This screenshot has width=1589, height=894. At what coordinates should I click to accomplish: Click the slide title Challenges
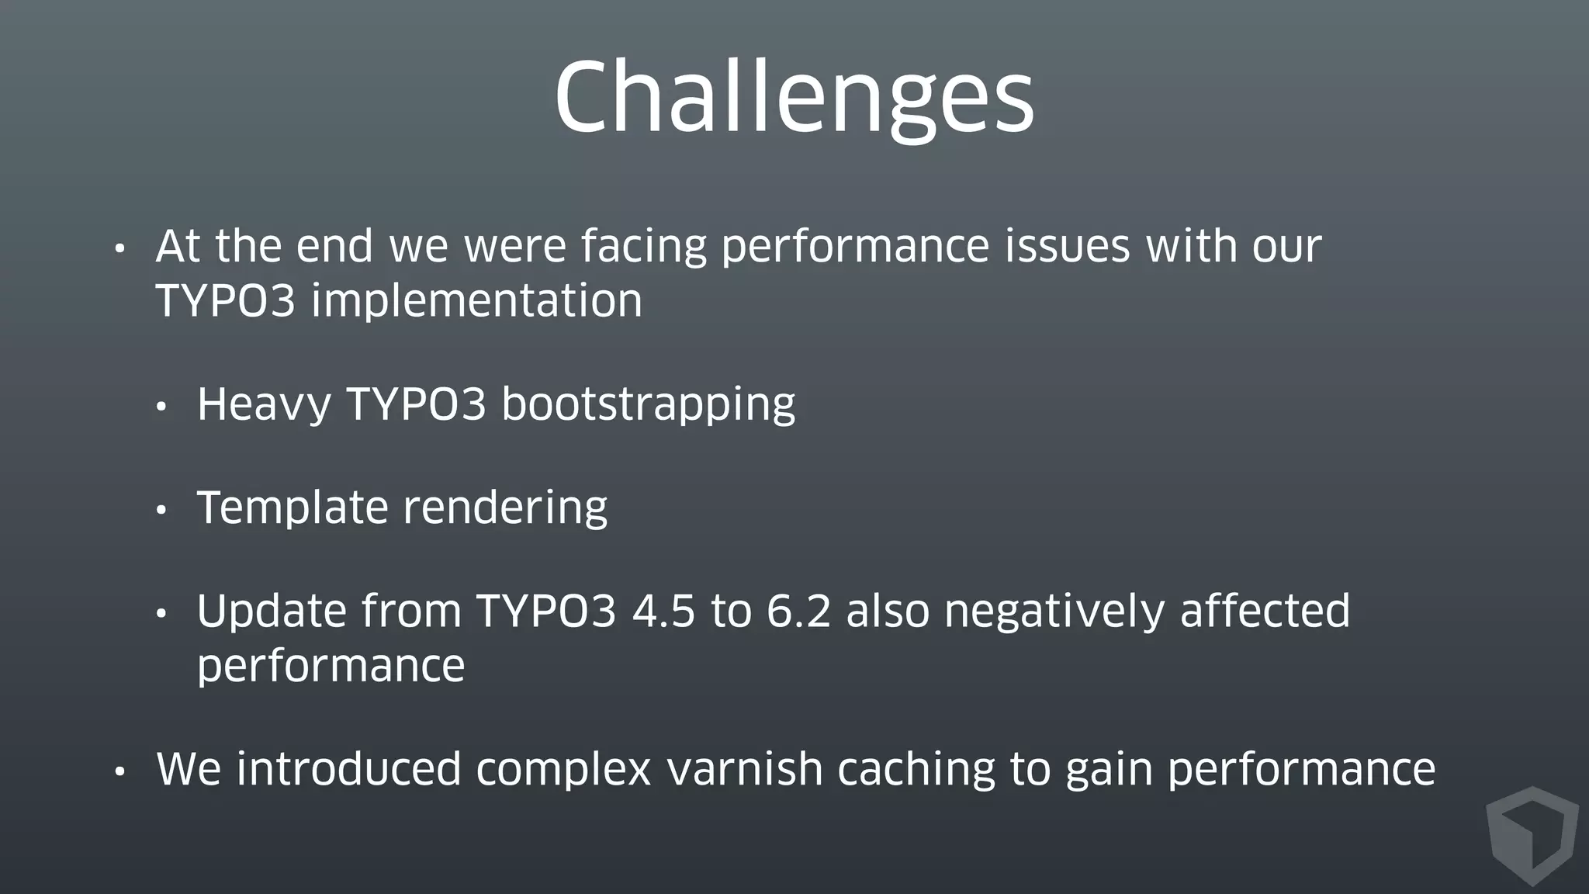pos(794,99)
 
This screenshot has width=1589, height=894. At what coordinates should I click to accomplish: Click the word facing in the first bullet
pos(643,247)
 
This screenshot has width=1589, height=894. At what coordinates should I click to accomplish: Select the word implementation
pos(476,301)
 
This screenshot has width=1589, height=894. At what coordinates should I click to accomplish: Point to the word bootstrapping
pos(648,405)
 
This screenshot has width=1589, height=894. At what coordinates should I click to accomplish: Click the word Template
pos(292,508)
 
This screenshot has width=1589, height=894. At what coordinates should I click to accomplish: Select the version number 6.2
pos(798,612)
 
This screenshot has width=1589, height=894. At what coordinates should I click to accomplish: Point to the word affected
pos(1265,612)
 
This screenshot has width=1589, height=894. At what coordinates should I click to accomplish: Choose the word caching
pos(916,770)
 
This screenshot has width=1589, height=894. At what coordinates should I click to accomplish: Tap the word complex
pos(563,770)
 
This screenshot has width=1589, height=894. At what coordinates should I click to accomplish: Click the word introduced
pos(349,770)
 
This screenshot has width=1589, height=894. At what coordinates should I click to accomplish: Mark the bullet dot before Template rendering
pos(161,511)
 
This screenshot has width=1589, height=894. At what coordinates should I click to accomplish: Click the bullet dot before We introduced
pos(119,772)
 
